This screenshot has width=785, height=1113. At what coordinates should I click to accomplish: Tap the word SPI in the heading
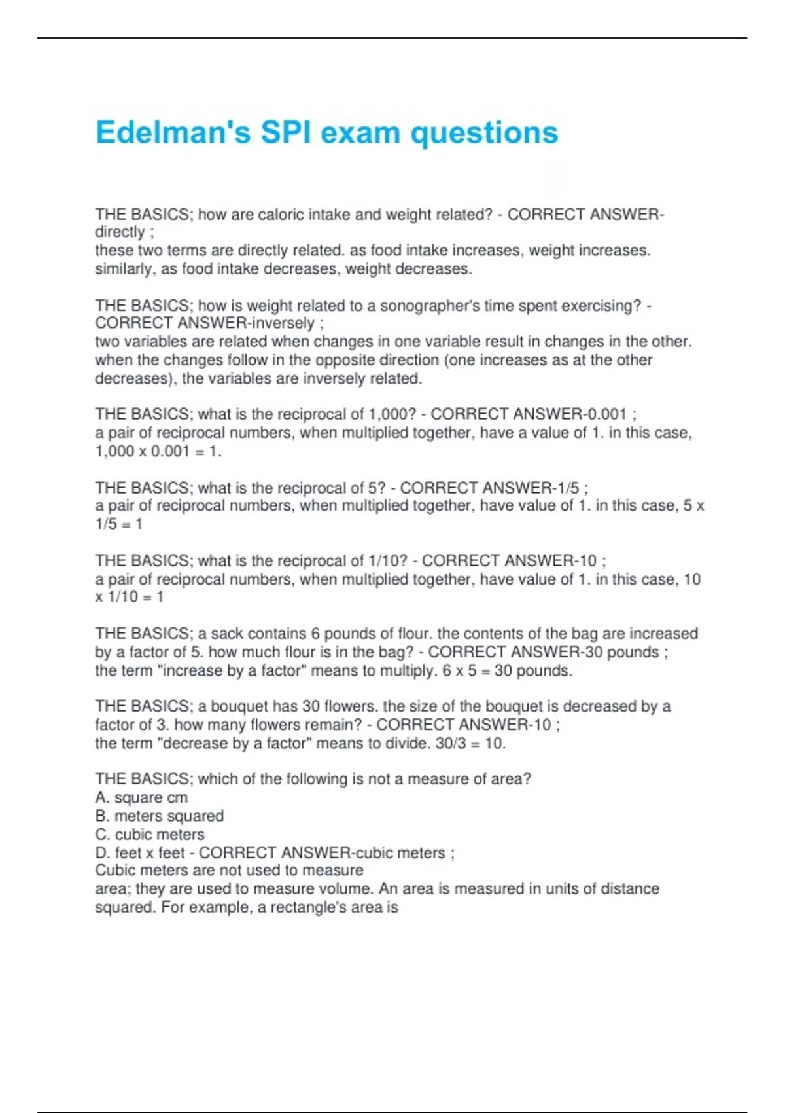coord(285,132)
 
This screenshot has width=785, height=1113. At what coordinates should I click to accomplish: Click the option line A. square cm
coord(141,797)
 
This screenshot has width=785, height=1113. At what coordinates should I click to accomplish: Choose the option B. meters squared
coord(160,816)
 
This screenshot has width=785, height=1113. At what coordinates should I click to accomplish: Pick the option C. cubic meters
coord(150,834)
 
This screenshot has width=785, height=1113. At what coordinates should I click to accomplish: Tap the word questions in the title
coord(484,132)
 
